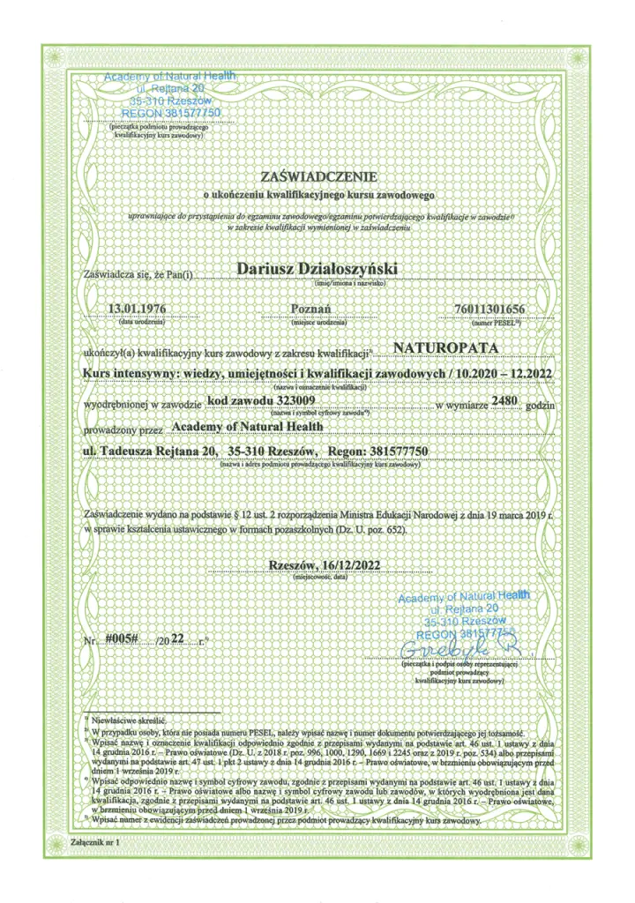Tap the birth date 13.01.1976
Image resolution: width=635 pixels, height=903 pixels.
pos(136,308)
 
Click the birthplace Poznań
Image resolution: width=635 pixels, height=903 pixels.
pos(310,308)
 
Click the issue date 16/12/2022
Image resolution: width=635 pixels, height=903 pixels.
pos(354,566)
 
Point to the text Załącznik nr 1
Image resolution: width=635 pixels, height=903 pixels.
pos(94,843)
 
